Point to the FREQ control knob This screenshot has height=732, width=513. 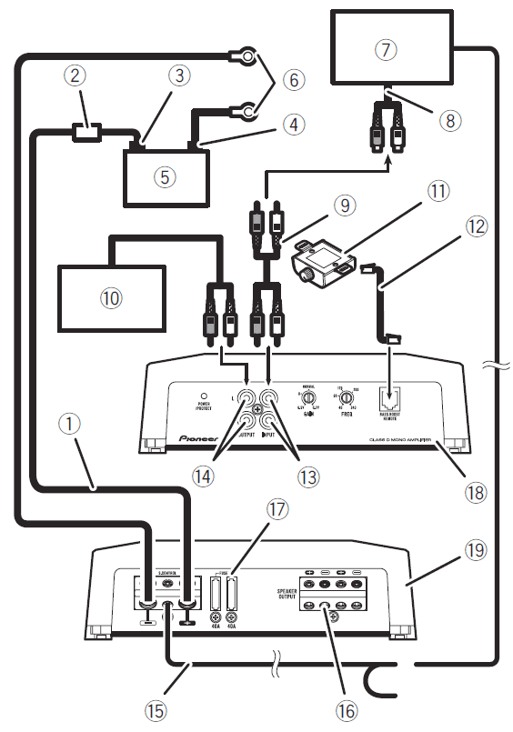click(x=345, y=397)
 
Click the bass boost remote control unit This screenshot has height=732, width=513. click(x=319, y=266)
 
